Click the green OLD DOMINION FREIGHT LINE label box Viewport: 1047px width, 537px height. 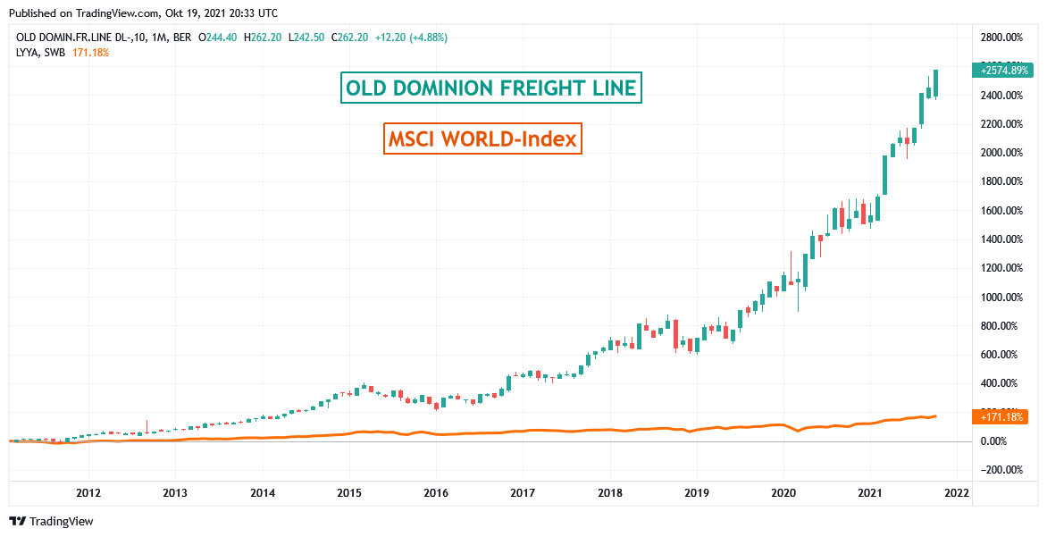(491, 88)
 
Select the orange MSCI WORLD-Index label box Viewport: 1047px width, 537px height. (482, 138)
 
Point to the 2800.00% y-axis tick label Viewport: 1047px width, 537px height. (1001, 38)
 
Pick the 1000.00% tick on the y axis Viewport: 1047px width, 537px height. (1001, 297)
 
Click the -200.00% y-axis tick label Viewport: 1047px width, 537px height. (1001, 470)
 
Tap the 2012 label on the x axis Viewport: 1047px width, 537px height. (88, 492)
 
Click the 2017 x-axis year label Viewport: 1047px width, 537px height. (523, 492)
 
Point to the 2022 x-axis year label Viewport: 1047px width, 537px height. (957, 492)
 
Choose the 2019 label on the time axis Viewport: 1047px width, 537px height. (696, 492)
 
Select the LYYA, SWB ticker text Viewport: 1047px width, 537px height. (41, 53)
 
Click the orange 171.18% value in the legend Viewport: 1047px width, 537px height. (90, 53)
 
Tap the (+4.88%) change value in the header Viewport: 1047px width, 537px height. (424, 38)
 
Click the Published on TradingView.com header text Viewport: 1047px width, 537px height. (144, 13)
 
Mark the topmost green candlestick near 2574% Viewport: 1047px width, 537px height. (935, 83)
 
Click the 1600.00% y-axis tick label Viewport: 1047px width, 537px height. (1001, 210)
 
